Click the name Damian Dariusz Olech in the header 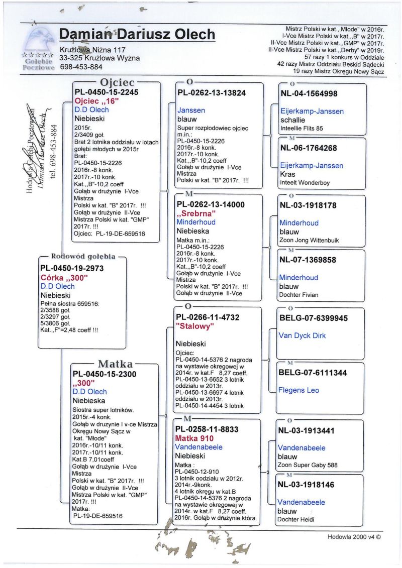coord(137,35)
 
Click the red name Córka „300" coord(64,277)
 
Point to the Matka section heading coord(115,364)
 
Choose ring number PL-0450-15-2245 coord(106,92)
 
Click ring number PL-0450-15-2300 coord(105,374)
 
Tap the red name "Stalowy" coord(195,326)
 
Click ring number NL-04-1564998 coord(308,93)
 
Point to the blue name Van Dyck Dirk coord(302,335)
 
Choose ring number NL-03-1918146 coord(308,485)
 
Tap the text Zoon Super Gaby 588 coord(309,466)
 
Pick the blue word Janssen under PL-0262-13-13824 coord(191,110)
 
